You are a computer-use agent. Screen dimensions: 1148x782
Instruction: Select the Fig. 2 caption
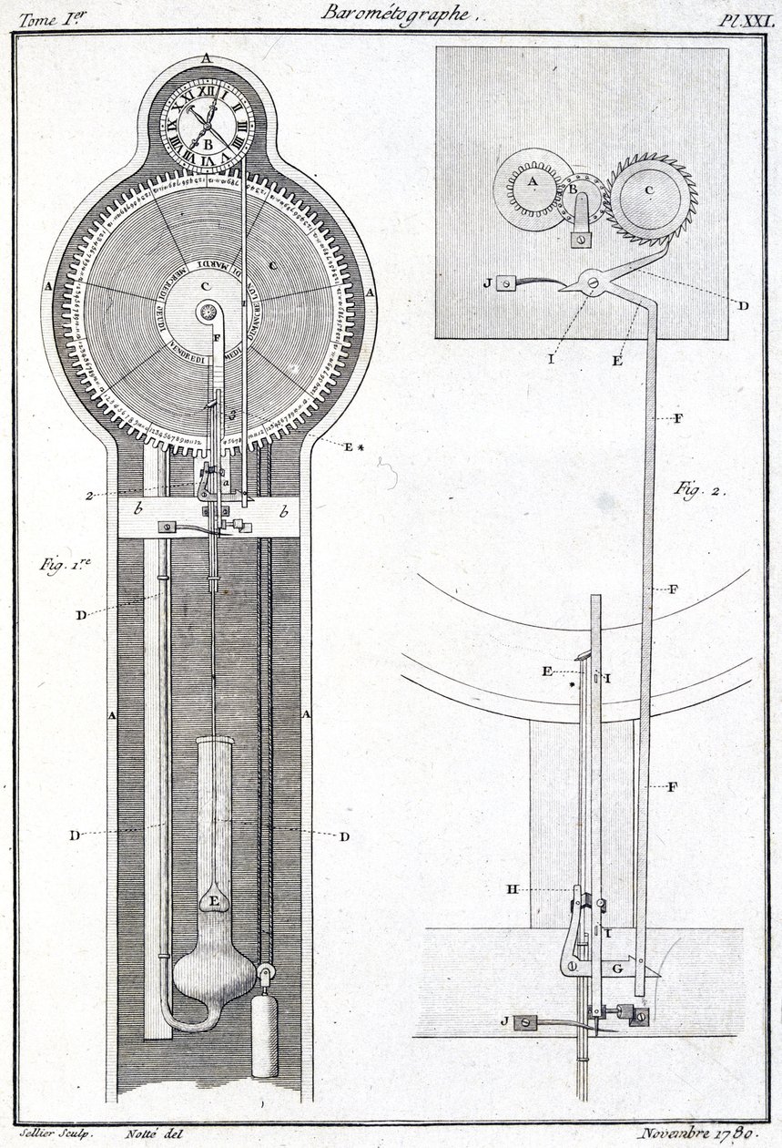pyautogui.click(x=697, y=488)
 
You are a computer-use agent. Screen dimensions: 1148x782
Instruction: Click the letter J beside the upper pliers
pyautogui.click(x=488, y=282)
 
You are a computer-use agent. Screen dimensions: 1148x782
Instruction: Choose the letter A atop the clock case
pyautogui.click(x=207, y=57)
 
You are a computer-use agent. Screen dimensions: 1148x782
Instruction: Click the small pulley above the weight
pyautogui.click(x=266, y=978)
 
